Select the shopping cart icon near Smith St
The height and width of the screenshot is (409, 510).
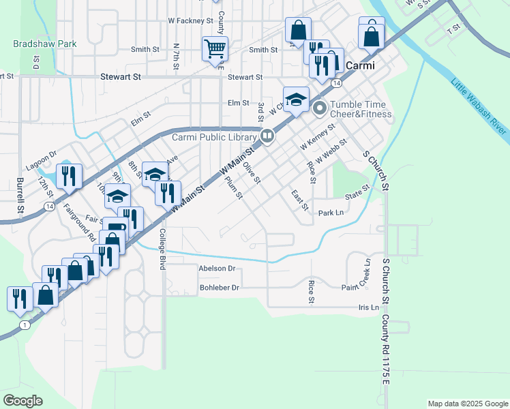(214, 49)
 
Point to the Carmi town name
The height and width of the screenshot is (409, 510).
(361, 67)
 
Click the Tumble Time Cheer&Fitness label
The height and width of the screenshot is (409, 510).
(361, 109)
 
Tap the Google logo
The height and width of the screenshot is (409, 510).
(22, 401)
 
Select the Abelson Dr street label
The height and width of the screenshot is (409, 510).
(217, 269)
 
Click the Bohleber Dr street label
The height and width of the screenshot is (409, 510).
(220, 288)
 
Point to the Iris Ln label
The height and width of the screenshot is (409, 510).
(368, 307)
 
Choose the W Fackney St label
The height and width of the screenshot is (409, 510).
(191, 21)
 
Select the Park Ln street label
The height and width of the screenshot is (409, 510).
(331, 213)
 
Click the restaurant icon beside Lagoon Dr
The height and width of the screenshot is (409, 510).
(70, 177)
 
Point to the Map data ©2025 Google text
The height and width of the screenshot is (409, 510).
(467, 404)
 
